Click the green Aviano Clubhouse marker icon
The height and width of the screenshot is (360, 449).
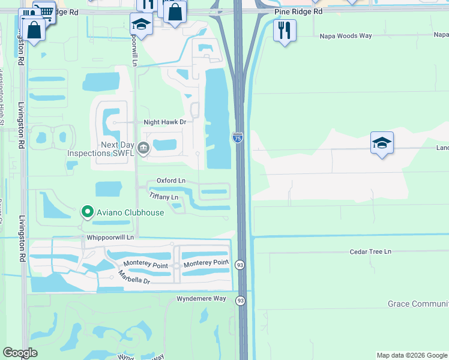click(x=87, y=212)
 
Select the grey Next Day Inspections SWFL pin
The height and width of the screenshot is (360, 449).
click(x=143, y=147)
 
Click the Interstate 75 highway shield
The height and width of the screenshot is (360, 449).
click(x=238, y=138)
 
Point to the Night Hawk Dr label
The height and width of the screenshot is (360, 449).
click(x=165, y=122)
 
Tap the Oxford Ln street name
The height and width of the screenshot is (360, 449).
click(x=171, y=180)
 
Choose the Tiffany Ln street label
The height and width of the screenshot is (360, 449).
click(x=163, y=197)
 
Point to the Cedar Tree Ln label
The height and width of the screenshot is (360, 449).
click(x=370, y=251)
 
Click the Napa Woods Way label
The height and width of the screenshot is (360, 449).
click(x=349, y=35)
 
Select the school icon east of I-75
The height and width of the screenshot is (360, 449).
click(x=382, y=143)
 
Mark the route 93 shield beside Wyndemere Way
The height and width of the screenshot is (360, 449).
click(x=240, y=300)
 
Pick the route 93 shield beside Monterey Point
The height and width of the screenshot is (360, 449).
click(x=240, y=265)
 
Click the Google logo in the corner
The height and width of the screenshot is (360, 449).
click(x=20, y=353)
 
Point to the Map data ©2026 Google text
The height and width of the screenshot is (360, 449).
click(x=411, y=355)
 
